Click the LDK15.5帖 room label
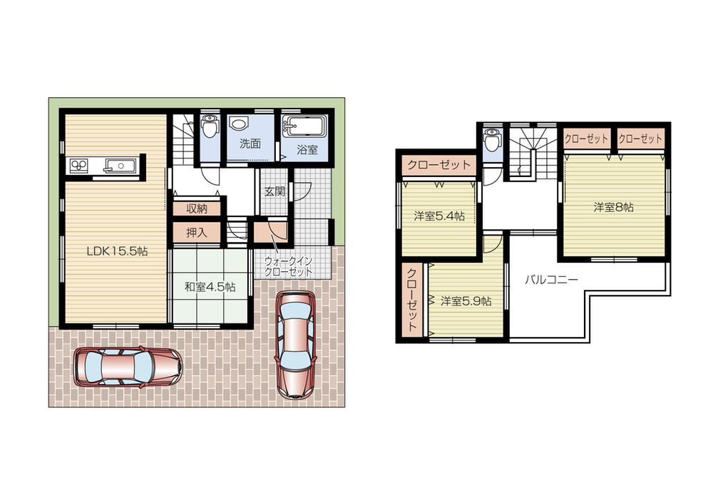click(x=118, y=251)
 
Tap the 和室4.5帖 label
click(x=210, y=287)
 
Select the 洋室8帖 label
click(x=613, y=208)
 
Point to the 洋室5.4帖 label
click(x=439, y=216)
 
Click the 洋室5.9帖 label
click(x=465, y=301)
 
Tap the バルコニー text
click(x=551, y=280)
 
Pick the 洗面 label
click(x=250, y=143)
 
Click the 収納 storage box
click(x=197, y=208)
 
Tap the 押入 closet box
click(x=197, y=232)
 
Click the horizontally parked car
click(x=128, y=367)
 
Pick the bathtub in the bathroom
click(x=304, y=128)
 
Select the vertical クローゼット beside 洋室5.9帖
click(x=413, y=300)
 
